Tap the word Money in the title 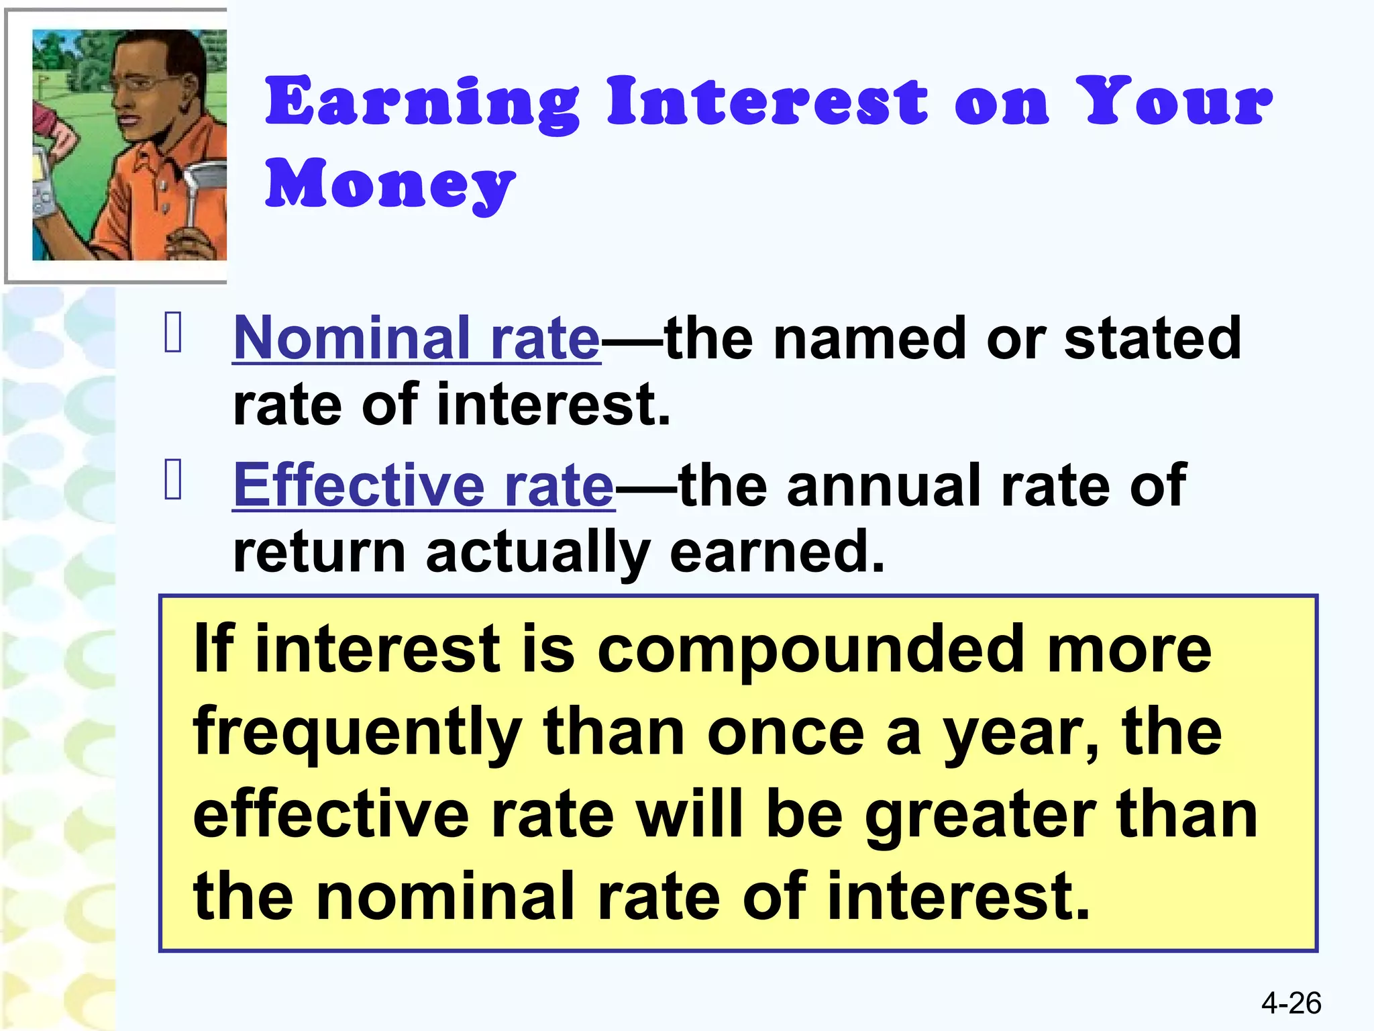point(390,184)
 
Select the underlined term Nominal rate point(416,338)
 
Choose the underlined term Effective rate point(423,486)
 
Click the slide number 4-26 point(1291,1003)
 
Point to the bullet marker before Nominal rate point(173,333)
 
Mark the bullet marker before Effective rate point(173,480)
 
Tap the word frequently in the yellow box point(357,734)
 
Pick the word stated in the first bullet point(1152,338)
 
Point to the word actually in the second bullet point(537,553)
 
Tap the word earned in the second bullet point(777,553)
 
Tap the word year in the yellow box point(1019,734)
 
